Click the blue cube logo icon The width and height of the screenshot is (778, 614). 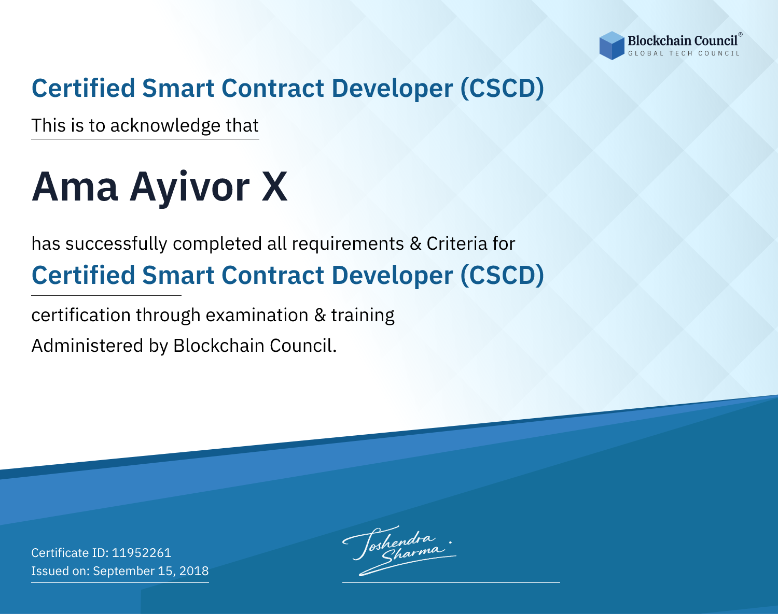tap(612, 46)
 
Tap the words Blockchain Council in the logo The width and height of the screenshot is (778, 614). tap(683, 41)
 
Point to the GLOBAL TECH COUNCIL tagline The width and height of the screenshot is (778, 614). tap(684, 53)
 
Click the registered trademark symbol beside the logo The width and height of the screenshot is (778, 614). tap(740, 35)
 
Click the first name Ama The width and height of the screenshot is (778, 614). tap(75, 187)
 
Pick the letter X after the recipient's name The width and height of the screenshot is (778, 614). tap(275, 186)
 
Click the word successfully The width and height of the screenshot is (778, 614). tap(116, 244)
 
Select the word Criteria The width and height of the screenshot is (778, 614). tap(456, 244)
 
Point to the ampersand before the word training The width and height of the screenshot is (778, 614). tap(320, 315)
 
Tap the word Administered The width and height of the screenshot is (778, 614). tap(87, 346)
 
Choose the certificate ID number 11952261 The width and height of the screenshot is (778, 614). tap(142, 552)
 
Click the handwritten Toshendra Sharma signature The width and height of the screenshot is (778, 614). tap(399, 550)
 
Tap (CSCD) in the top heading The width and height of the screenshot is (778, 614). tap(502, 89)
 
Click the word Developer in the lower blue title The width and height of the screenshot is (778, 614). tap(392, 276)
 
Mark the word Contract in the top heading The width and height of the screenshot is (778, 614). tap(273, 89)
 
